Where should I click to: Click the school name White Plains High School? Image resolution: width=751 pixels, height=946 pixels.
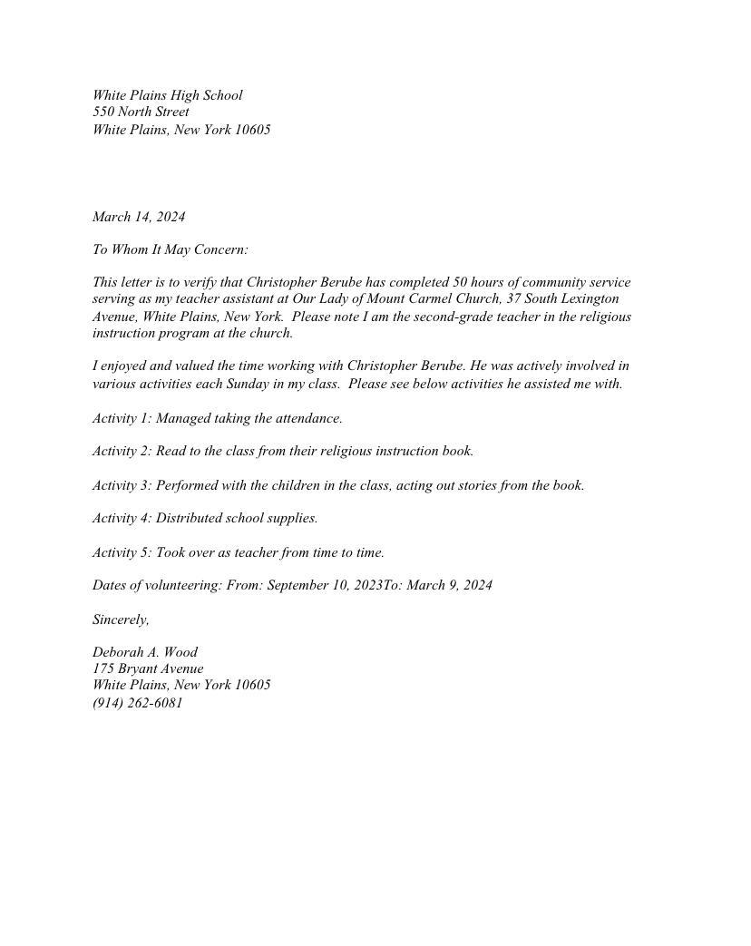(x=167, y=95)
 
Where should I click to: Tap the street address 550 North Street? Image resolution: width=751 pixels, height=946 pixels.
(x=141, y=112)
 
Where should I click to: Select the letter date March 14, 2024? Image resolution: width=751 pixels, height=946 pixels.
(x=138, y=217)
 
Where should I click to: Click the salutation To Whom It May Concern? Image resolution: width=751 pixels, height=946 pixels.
(x=170, y=249)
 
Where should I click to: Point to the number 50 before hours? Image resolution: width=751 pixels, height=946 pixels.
(x=461, y=282)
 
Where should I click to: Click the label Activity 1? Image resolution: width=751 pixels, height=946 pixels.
(x=122, y=418)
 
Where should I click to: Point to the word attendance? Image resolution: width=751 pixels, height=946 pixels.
(x=307, y=418)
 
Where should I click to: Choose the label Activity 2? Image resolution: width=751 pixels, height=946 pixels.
(x=122, y=451)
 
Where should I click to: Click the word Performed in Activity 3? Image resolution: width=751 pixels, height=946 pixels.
(x=187, y=485)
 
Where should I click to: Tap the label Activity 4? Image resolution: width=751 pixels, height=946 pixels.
(x=122, y=518)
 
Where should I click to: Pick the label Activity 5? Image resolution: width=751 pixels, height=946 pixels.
(x=122, y=552)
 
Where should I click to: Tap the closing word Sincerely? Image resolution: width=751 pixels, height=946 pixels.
(x=120, y=619)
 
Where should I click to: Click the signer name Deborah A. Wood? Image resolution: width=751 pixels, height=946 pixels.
(x=145, y=652)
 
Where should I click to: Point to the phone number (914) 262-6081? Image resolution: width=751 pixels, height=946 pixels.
(x=138, y=703)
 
